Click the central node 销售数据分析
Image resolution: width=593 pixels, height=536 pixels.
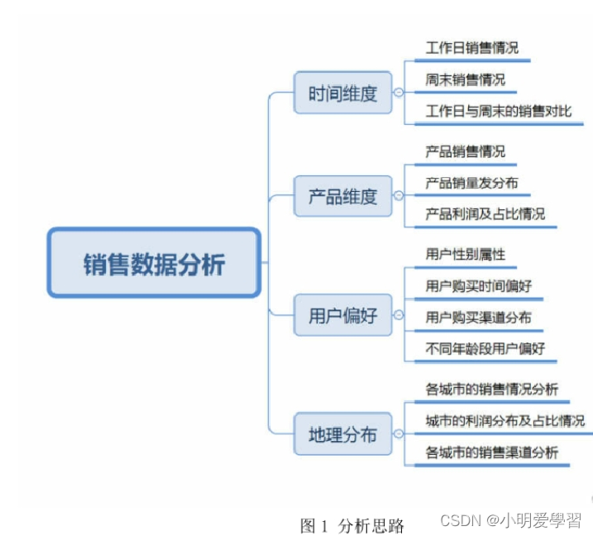click(154, 264)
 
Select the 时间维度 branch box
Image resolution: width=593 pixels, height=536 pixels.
click(342, 93)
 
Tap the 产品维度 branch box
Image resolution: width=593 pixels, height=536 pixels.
click(342, 196)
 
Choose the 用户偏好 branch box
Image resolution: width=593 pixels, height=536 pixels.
click(342, 315)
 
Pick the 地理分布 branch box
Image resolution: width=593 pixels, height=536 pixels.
click(342, 433)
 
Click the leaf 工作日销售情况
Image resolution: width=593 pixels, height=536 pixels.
click(472, 48)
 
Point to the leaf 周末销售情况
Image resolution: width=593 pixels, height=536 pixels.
click(466, 80)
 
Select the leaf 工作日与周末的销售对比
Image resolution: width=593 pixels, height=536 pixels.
click(499, 111)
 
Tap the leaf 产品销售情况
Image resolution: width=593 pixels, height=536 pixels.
click(466, 151)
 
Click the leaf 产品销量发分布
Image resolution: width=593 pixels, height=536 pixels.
click(472, 183)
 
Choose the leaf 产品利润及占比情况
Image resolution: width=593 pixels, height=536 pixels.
click(485, 213)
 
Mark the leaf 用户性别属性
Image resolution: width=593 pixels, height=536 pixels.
click(466, 254)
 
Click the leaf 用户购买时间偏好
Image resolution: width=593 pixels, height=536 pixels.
click(479, 285)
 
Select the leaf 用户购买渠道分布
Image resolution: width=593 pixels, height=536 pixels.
click(479, 317)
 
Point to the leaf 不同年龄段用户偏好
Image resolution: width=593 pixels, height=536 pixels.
click(485, 348)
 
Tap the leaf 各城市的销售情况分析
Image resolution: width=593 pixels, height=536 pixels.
click(492, 389)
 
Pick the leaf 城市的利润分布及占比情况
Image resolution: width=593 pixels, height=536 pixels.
click(505, 420)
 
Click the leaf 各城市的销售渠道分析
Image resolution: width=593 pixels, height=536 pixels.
click(492, 452)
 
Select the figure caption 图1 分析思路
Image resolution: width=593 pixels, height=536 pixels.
click(352, 525)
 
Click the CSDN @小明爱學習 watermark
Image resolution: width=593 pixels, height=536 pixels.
click(510, 520)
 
